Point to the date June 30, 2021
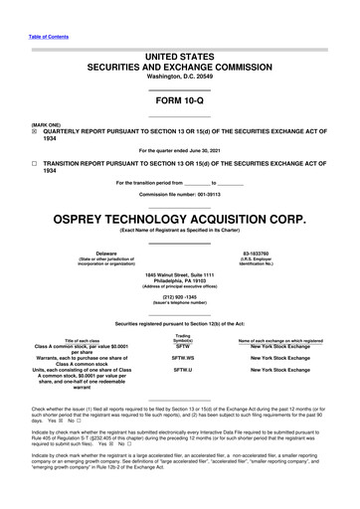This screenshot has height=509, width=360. click(216, 150)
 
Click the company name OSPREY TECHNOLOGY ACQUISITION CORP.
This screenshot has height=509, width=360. click(180, 216)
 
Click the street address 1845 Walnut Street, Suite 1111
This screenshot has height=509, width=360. click(180, 274)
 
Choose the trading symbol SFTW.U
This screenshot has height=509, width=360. click(182, 369)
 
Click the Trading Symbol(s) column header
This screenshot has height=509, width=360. click(182, 340)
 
